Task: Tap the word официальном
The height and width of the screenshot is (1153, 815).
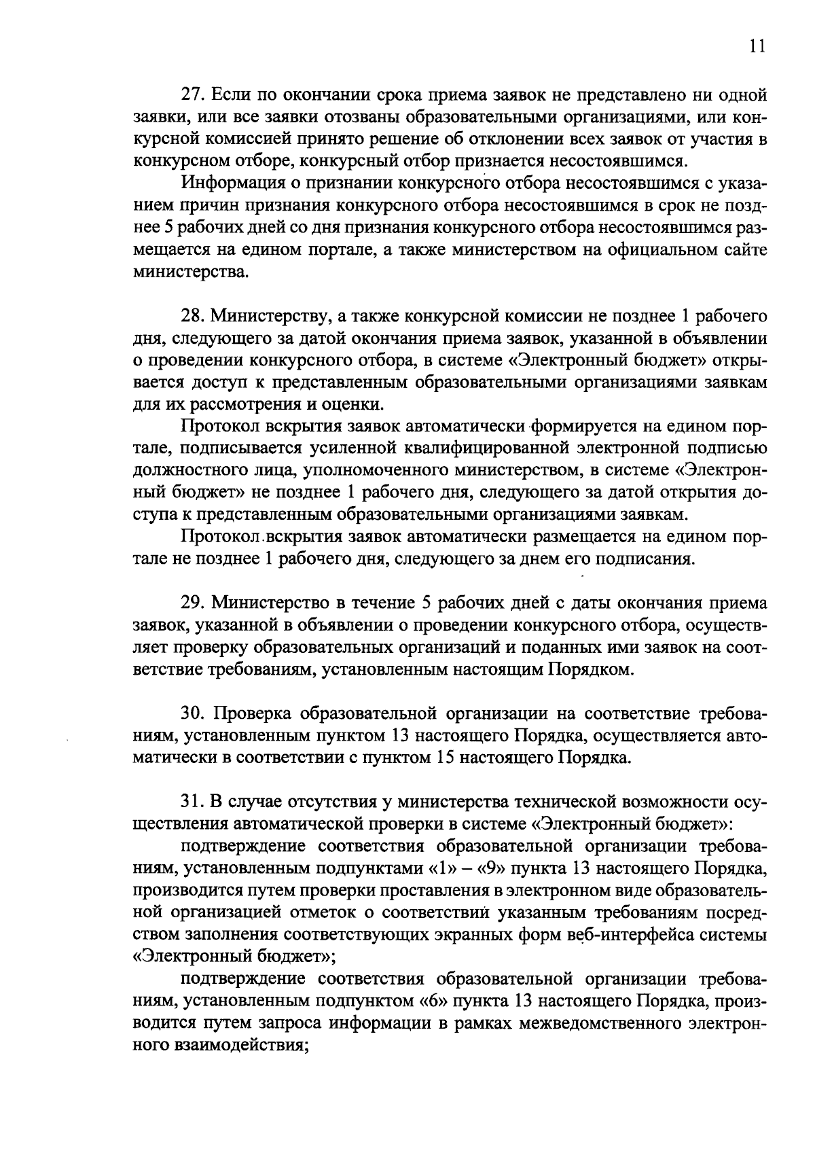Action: pyautogui.click(x=644, y=250)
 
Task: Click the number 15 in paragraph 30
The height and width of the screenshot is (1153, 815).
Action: pyautogui.click(x=445, y=758)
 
